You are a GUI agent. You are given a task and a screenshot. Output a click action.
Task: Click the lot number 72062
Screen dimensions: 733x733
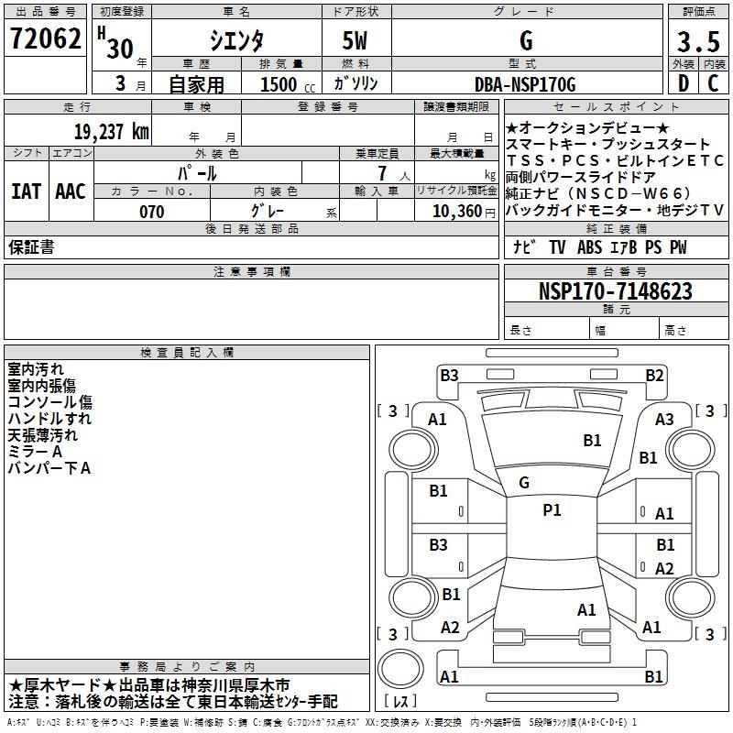45,41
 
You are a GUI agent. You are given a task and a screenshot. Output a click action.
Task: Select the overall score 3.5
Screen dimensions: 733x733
698,42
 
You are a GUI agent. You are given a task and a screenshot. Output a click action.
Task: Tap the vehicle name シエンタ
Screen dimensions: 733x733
236,42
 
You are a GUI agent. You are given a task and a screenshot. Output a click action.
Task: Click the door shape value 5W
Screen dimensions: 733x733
356,42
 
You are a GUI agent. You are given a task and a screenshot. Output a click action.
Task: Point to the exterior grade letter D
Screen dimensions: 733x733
683,83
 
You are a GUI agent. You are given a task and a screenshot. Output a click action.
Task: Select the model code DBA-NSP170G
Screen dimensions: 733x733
525,84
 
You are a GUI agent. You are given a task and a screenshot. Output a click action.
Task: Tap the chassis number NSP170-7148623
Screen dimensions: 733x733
616,291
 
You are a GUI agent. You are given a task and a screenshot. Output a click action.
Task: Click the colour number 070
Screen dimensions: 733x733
151,212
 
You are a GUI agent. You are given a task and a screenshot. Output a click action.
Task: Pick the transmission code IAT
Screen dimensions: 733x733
26,191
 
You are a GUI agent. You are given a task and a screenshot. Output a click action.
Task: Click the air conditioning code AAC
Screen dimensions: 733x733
70,191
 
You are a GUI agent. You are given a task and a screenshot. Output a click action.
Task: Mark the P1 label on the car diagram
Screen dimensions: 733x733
552,510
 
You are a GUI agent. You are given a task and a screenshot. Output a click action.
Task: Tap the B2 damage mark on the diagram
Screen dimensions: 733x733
654,375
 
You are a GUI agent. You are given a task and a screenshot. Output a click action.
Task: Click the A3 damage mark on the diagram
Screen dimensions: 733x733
665,419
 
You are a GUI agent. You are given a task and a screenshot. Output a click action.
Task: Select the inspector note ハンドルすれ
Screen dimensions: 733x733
49,419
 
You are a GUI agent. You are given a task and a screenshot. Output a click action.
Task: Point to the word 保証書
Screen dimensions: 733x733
31,247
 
